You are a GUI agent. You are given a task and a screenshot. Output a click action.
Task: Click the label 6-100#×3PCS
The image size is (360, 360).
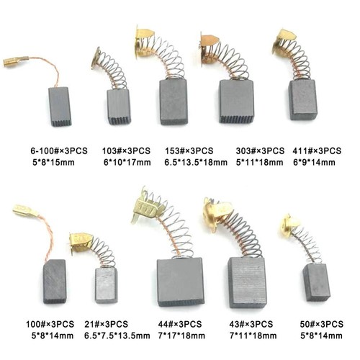[59, 151]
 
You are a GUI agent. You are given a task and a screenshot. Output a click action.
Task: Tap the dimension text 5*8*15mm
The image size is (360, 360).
[53, 163]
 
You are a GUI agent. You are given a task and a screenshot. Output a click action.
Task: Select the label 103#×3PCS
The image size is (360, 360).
[126, 151]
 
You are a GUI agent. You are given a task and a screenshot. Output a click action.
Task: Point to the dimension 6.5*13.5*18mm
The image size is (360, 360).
[196, 163]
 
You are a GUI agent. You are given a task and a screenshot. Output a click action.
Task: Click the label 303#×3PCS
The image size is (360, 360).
[260, 151]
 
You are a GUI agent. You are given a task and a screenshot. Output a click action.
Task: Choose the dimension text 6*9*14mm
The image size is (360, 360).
[314, 163]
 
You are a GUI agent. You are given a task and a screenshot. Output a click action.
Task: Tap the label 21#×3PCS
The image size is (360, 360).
[106, 324]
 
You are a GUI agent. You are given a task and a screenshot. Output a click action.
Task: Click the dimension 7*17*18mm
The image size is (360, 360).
[181, 336]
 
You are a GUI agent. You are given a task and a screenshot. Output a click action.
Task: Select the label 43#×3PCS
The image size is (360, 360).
[251, 324]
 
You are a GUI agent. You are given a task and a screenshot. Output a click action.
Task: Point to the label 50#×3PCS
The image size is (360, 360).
[322, 324]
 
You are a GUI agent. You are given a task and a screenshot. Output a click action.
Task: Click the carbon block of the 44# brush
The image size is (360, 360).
[181, 282]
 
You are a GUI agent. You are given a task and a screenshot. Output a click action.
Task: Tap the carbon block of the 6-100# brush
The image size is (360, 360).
[60, 107]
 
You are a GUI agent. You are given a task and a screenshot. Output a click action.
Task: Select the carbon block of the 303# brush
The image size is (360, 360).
[236, 102]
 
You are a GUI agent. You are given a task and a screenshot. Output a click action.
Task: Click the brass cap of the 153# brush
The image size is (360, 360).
[143, 42]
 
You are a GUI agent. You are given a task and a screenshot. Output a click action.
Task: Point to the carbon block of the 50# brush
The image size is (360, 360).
[316, 283]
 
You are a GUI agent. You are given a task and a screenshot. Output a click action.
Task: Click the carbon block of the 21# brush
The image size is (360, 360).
[107, 286]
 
